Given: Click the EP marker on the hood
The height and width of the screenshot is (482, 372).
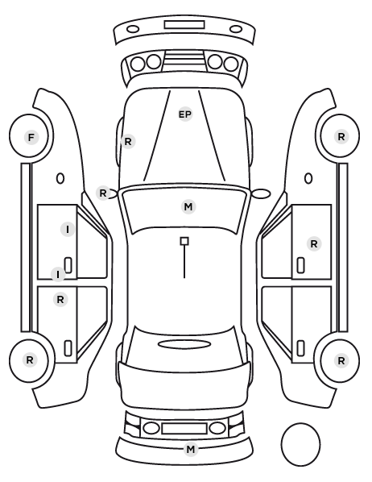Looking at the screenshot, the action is (185, 114).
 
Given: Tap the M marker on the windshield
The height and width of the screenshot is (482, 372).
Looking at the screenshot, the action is (188, 206).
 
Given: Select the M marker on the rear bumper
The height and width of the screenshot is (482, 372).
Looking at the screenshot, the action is (191, 450).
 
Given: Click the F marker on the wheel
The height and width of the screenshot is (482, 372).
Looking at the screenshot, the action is (31, 137).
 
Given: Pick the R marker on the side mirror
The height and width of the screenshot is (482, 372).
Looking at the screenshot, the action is (103, 193).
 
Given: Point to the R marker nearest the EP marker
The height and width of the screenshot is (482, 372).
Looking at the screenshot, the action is (128, 141).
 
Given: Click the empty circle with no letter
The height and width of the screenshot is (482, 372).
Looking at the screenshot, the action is (300, 444).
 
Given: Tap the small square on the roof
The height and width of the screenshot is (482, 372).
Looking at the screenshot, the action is (184, 241).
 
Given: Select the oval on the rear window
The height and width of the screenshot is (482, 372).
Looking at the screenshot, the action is (184, 344).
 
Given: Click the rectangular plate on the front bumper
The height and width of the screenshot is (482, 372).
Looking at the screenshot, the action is (184, 25).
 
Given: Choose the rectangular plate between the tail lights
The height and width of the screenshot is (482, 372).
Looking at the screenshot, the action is (184, 428).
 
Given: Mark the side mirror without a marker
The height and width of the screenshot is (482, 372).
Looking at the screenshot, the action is (262, 193).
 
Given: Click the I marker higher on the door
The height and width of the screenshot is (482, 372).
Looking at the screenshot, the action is (68, 230).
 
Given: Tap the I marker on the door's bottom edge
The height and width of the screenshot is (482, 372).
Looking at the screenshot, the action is (58, 275).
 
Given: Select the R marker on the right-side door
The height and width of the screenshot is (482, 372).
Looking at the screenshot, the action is (314, 244).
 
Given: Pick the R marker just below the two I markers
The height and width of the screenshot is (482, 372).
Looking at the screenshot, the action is (60, 299).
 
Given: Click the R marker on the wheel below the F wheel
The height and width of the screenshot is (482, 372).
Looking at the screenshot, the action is (30, 360).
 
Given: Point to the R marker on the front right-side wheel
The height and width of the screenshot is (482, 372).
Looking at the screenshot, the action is (341, 137).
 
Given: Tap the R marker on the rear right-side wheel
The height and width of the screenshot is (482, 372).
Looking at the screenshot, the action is (341, 360).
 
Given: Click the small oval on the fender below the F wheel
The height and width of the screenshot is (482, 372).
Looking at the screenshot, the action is (60, 178).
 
